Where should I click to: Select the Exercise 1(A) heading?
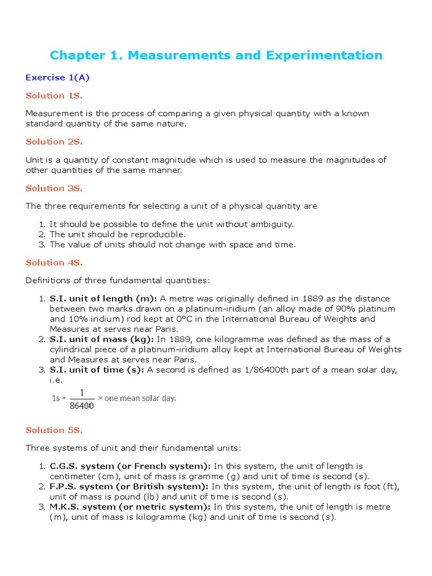point(57,78)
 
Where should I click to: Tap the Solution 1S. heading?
point(54,96)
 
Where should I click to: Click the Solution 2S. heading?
point(54,142)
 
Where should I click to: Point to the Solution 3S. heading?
point(54,188)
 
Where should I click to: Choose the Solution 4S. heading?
point(54,263)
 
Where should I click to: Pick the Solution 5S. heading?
point(54,430)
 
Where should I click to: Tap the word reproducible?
point(157,235)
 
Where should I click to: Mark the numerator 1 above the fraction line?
point(82,393)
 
